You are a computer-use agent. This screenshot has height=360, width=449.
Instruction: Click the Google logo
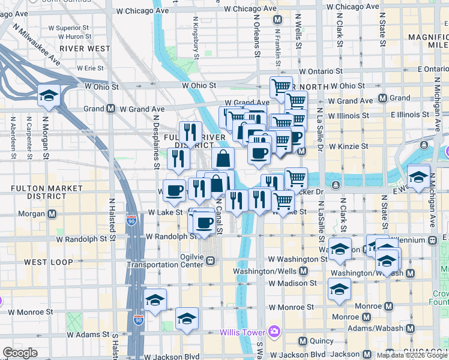coord(20,353)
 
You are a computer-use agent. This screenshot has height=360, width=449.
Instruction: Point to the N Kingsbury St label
coord(196,38)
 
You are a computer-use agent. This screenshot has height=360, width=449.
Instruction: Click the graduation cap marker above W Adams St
coord(187,318)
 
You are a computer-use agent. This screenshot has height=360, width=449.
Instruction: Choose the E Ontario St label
coord(427,70)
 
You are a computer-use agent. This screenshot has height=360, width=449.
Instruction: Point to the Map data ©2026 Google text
coord(411,355)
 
